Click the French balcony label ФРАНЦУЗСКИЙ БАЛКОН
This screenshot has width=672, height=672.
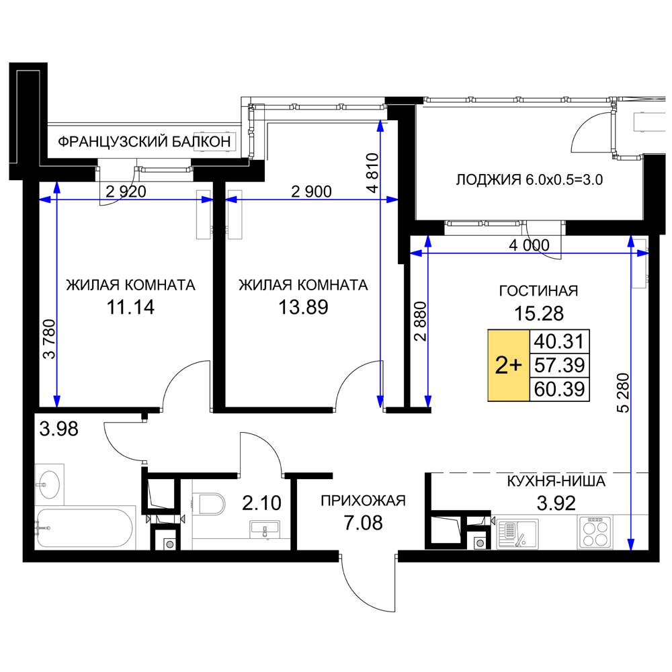click(x=144, y=141)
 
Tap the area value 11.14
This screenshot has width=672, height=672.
click(x=130, y=307)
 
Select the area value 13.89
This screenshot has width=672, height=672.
click(x=304, y=307)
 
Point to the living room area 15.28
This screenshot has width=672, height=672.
click(x=539, y=313)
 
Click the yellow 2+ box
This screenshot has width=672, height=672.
click(x=509, y=365)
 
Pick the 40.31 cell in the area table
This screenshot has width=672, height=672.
click(x=559, y=341)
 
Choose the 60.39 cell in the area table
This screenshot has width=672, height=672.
click(x=559, y=389)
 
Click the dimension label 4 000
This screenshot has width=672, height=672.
click(x=529, y=245)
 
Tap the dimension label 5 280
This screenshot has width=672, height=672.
click(x=624, y=393)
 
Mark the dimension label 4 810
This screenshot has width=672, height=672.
click(x=373, y=173)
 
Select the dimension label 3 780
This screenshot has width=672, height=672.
click(x=49, y=339)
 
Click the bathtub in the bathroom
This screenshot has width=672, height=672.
click(x=84, y=528)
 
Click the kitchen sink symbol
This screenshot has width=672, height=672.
click(x=517, y=534)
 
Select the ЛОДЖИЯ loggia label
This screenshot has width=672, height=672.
click(x=489, y=179)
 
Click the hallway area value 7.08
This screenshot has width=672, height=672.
click(x=363, y=523)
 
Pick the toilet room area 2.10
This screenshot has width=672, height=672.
click(x=261, y=503)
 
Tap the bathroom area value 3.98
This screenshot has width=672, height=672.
click(x=58, y=429)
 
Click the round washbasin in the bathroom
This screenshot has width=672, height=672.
click(x=49, y=485)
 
